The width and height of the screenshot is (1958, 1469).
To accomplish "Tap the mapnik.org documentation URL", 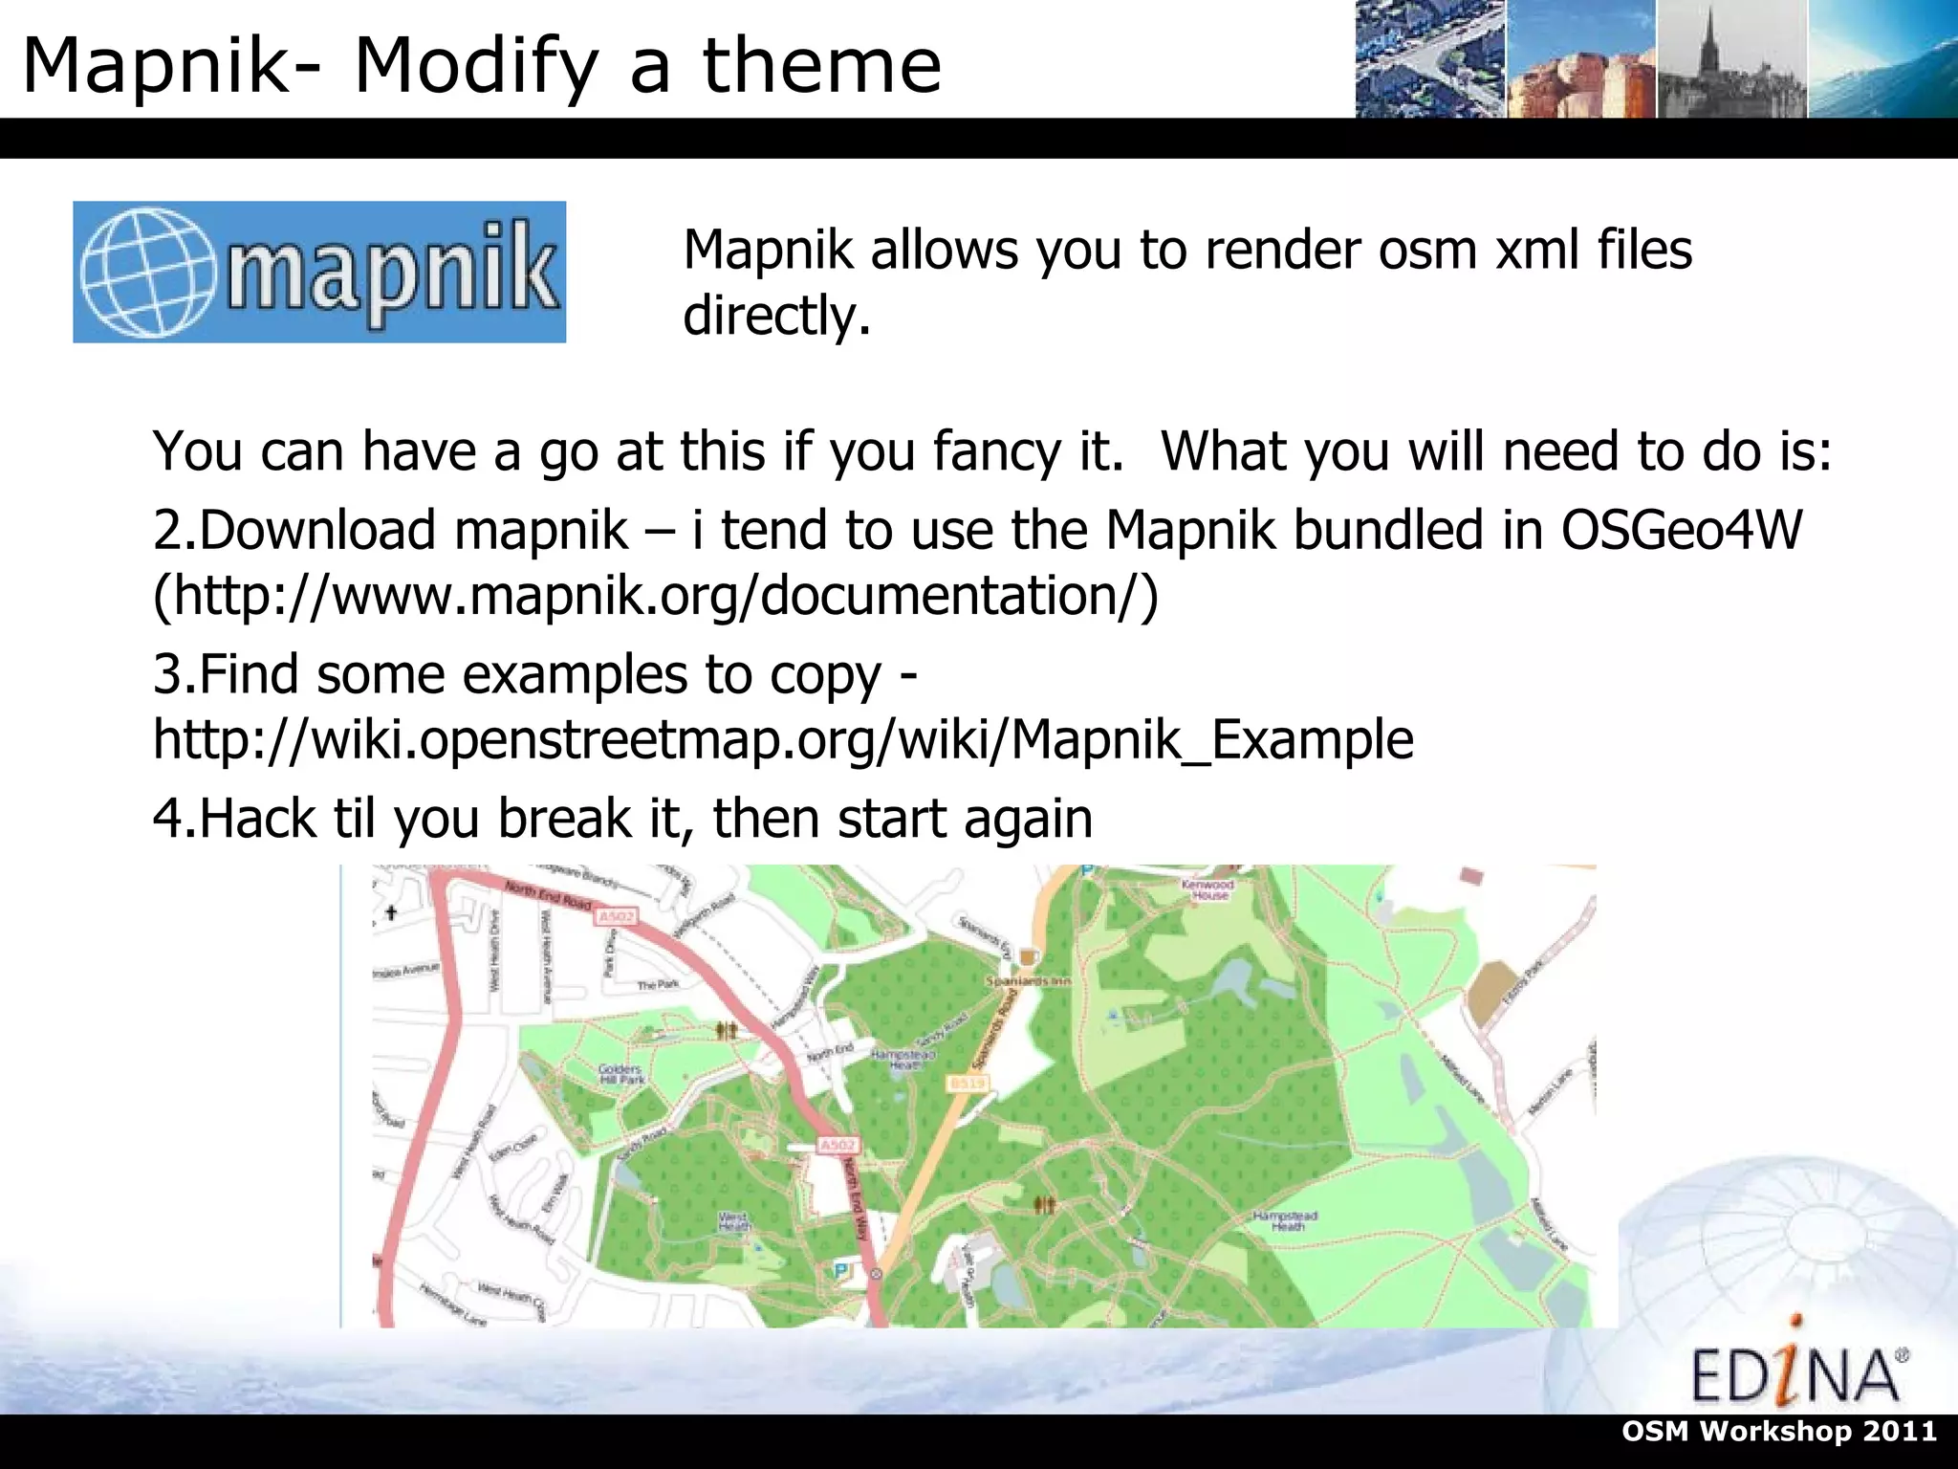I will [x=656, y=595].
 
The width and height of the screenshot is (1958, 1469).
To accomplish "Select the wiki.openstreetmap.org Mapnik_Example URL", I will [x=783, y=739].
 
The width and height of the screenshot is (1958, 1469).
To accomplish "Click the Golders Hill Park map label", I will [x=620, y=1074].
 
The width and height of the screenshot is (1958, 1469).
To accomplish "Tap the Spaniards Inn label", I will [x=1028, y=981].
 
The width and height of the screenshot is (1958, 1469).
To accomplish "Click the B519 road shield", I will [x=967, y=1083].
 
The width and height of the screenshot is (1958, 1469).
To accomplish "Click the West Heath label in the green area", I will [x=733, y=1221].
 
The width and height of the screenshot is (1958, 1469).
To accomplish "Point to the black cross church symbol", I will [x=390, y=912].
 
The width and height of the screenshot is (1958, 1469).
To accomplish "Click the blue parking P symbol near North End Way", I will [x=841, y=1271].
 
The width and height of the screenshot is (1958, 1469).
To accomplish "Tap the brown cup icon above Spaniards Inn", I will [x=1028, y=956].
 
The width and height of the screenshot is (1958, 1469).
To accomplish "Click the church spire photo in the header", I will [x=1731, y=59].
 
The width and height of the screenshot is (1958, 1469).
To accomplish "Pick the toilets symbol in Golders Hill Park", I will [x=727, y=1030].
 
